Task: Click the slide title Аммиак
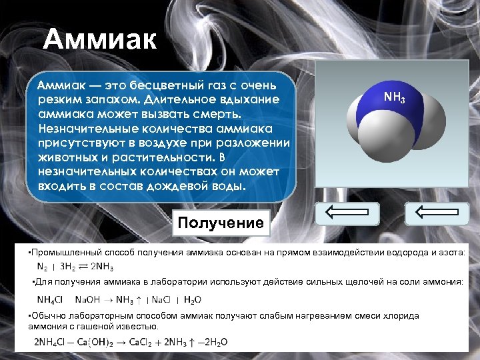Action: click(99, 41)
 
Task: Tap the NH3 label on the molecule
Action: click(395, 98)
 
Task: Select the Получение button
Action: click(221, 223)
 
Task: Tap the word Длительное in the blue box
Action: click(194, 99)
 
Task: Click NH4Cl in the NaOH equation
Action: click(51, 299)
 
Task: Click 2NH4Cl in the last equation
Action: click(52, 342)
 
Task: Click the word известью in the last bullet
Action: click(139, 326)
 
